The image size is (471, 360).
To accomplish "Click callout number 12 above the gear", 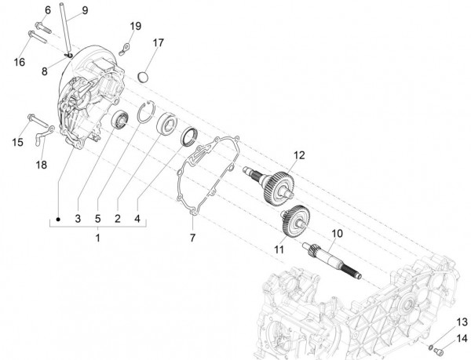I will (298, 155).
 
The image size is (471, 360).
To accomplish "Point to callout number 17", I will (158, 42).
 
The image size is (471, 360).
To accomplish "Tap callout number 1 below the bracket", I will (97, 236).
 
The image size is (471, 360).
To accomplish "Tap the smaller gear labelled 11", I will (293, 218).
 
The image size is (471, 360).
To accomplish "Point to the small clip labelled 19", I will (124, 51).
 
